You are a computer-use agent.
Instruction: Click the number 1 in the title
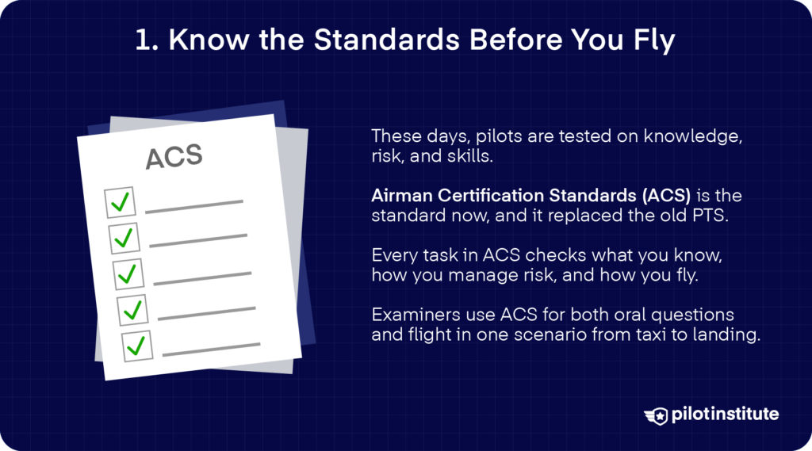point(143,41)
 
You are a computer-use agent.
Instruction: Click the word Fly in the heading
point(653,41)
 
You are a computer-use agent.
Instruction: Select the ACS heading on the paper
point(174,156)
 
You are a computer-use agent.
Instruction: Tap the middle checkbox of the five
point(128,273)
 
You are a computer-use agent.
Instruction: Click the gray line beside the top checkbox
point(193,206)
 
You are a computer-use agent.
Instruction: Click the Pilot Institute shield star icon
point(657,414)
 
